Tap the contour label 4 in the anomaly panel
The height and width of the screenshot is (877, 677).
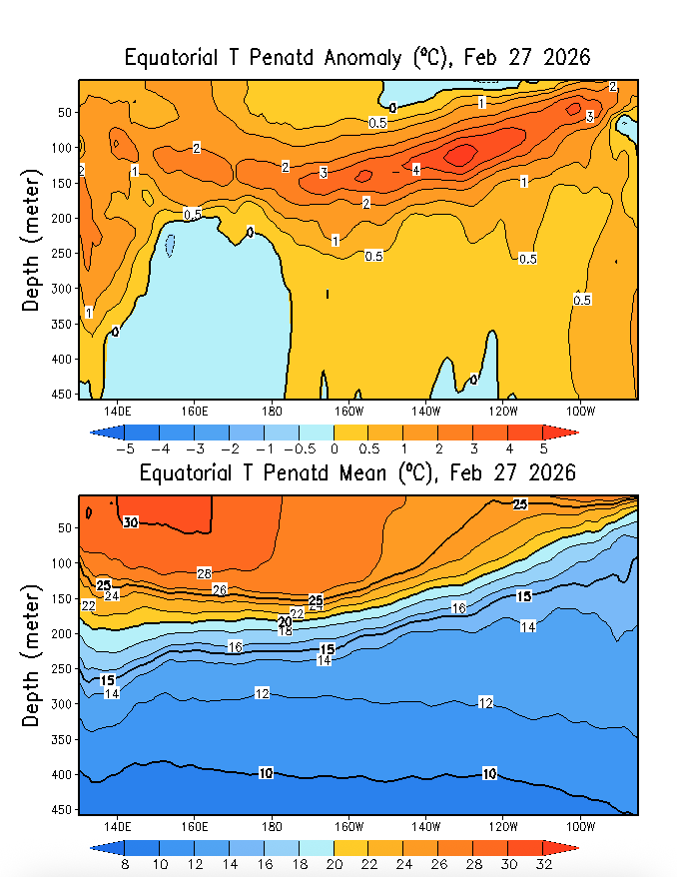point(415,170)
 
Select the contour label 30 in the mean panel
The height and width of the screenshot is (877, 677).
point(130,522)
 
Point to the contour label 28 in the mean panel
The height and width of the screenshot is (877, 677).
point(204,573)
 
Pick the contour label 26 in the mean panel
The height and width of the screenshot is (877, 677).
point(220,589)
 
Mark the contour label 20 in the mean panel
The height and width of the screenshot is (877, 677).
point(285,621)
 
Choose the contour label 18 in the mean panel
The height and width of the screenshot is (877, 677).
point(285,631)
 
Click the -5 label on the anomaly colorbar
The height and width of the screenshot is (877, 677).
point(125,448)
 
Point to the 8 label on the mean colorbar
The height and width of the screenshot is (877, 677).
point(125,864)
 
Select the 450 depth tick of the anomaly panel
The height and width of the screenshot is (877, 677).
point(63,394)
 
